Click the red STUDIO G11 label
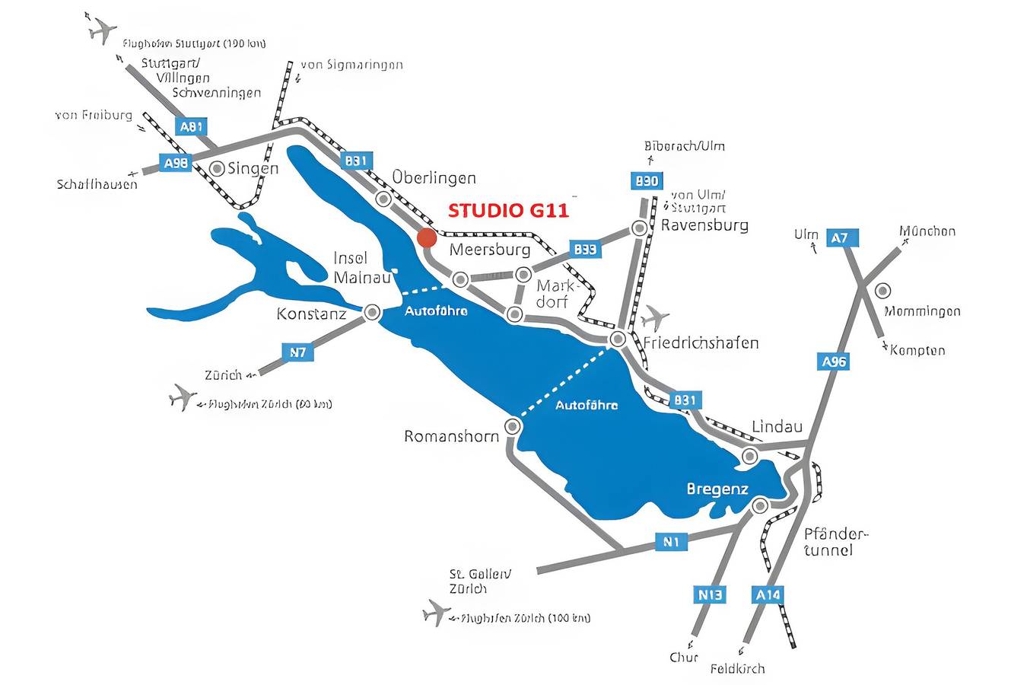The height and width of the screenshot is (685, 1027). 508,210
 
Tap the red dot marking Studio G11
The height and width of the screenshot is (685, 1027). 426,237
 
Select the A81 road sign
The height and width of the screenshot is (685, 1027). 190,126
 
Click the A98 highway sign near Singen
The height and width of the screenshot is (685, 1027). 175,162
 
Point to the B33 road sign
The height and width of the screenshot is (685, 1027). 585,249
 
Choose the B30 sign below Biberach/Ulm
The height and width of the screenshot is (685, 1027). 647,181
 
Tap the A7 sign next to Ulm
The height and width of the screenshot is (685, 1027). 839,238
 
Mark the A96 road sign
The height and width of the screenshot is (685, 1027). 834,362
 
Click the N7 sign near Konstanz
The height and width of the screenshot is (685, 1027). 298,352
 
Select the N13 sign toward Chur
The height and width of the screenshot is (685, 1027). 710,594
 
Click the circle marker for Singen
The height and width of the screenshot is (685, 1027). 218,167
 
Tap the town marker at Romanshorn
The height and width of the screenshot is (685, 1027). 513,426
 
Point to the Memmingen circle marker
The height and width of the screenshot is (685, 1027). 883,290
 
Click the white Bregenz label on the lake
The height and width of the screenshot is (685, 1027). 717,489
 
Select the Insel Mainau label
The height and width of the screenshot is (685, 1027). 361,268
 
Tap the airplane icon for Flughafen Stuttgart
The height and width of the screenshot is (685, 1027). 101,30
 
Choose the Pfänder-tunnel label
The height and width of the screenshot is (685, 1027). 835,541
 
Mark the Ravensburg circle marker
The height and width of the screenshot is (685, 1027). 640,228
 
